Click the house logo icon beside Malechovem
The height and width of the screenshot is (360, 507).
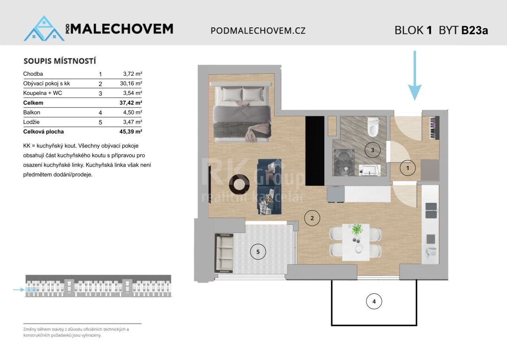pyautogui.click(x=44, y=29)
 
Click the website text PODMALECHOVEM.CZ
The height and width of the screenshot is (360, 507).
pyautogui.click(x=258, y=31)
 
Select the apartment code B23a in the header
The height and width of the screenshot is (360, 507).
pyautogui.click(x=475, y=31)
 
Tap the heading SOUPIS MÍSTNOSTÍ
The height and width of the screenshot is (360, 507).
pyautogui.click(x=60, y=61)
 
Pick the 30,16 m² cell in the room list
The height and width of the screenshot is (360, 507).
pyautogui.click(x=132, y=84)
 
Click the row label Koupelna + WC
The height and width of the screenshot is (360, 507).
pyautogui.click(x=43, y=93)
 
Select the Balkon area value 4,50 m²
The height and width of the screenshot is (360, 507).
pyautogui.click(x=133, y=113)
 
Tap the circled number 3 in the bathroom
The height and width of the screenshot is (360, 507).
pyautogui.click(x=372, y=150)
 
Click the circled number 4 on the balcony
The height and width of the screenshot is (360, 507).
pyautogui.click(x=374, y=302)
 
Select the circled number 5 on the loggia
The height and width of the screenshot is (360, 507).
pyautogui.click(x=258, y=252)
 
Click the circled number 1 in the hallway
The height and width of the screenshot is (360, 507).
pyautogui.click(x=408, y=168)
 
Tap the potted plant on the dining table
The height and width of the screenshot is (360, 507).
pyautogui.click(x=357, y=230)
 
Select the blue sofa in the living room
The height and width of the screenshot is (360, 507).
pyautogui.click(x=270, y=187)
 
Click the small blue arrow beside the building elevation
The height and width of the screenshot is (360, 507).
pyautogui.click(x=19, y=290)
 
